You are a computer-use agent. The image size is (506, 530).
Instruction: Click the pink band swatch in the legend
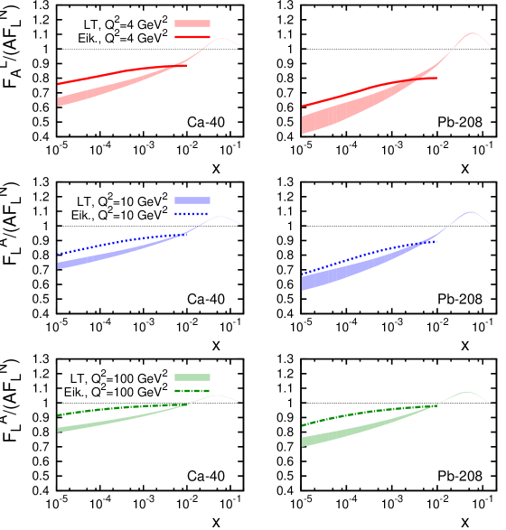(192, 23)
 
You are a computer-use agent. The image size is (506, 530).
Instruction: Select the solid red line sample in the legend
(192, 37)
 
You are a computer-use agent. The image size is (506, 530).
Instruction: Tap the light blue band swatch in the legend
(192, 200)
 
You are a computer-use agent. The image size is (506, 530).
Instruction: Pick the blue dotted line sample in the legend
(192, 214)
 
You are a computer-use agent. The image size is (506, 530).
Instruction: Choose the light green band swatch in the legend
(192, 377)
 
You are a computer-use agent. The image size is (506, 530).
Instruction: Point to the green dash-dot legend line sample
(192, 391)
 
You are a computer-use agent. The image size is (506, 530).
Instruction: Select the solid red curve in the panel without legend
(361, 90)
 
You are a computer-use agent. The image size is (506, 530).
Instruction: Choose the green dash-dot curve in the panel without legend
(361, 414)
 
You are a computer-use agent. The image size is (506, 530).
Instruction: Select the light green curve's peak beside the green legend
(217, 395)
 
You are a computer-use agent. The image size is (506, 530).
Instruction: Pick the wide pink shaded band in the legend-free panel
(325, 119)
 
